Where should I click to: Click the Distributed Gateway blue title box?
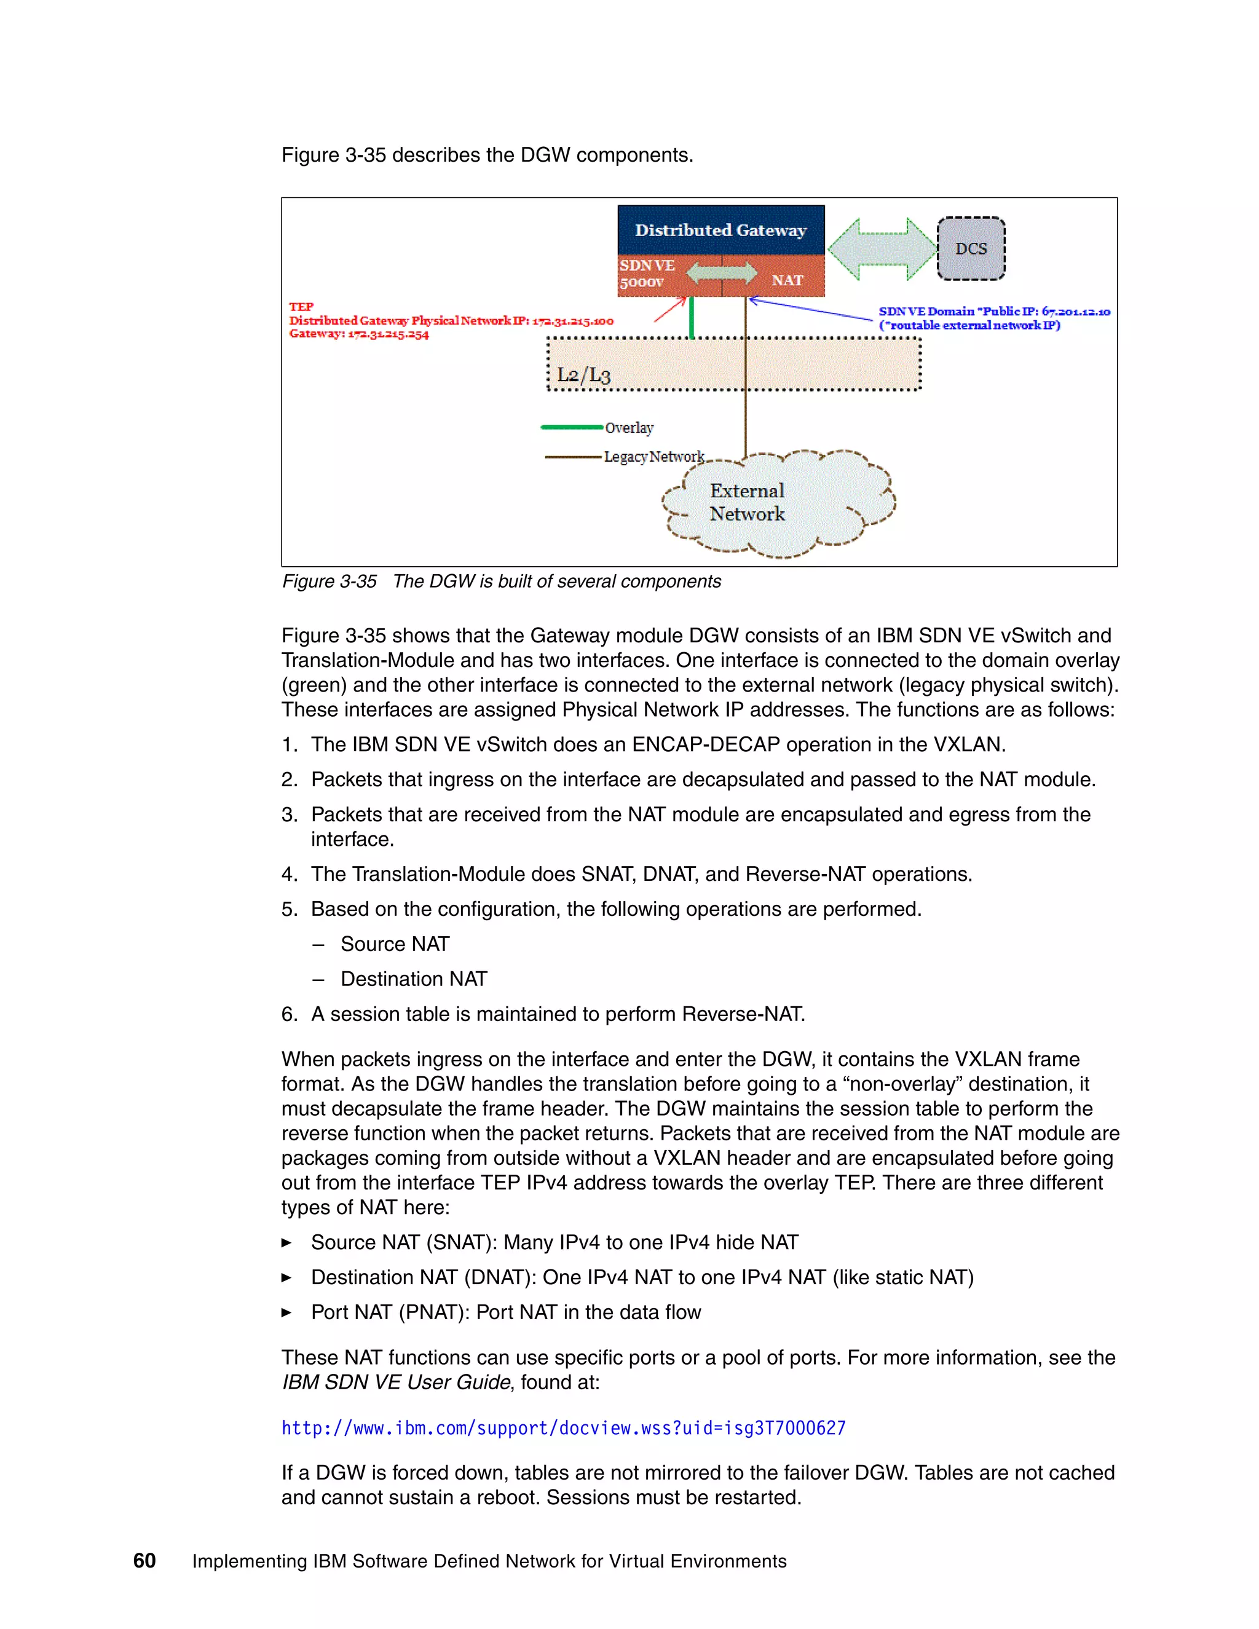coord(720,230)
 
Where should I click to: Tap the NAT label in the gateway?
coord(787,280)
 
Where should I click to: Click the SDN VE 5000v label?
coord(646,274)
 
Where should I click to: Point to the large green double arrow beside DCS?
coord(882,249)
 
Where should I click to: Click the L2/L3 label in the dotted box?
coord(583,374)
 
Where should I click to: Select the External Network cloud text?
coord(746,502)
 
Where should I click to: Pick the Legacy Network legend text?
coord(653,457)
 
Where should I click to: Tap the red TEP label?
coord(301,307)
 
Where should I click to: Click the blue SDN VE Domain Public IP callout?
coord(993,318)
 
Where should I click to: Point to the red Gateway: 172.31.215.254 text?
coord(359,334)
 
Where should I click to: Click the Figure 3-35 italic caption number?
coord(329,581)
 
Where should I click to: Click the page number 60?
coord(144,1560)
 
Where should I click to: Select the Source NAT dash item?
coord(395,944)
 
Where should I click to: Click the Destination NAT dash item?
coord(413,979)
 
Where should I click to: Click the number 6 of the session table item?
coord(289,1014)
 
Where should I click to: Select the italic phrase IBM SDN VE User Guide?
coord(396,1382)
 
